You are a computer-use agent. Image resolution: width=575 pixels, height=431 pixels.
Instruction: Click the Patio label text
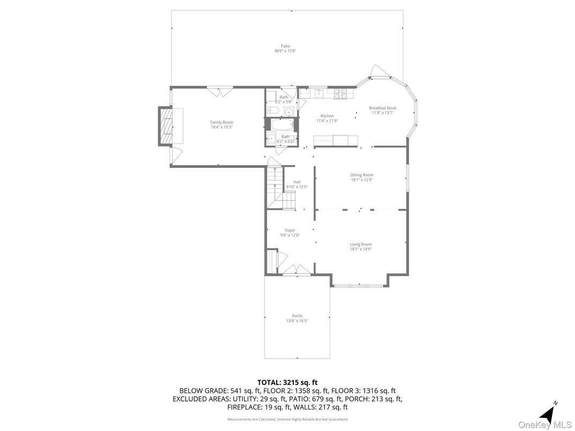click(x=285, y=46)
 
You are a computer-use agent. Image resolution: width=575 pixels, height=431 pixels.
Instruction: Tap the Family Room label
click(x=222, y=122)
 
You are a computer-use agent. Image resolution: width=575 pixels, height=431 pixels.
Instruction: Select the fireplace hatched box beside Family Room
click(x=167, y=126)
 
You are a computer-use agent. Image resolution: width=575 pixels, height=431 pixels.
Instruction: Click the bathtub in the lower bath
click(x=281, y=126)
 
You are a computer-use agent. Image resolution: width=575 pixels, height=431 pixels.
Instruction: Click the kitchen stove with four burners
click(x=341, y=93)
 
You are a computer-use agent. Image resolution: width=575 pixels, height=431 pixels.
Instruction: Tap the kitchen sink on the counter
click(x=318, y=93)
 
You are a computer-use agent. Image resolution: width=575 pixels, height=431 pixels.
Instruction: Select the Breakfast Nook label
click(x=382, y=108)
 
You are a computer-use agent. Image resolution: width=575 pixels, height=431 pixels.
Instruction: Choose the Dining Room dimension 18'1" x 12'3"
click(x=362, y=180)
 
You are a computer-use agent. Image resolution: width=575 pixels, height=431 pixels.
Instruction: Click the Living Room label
click(x=360, y=244)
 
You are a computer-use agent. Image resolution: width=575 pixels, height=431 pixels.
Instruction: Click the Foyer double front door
click(x=297, y=271)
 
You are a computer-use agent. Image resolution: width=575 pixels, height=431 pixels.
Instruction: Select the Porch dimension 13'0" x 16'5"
click(x=297, y=321)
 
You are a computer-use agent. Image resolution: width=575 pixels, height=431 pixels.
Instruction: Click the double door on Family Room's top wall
click(x=220, y=91)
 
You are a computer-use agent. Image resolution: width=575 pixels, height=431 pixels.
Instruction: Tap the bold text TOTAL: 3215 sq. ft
click(x=287, y=382)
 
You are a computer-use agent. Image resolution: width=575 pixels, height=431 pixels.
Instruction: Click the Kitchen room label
click(x=327, y=116)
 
